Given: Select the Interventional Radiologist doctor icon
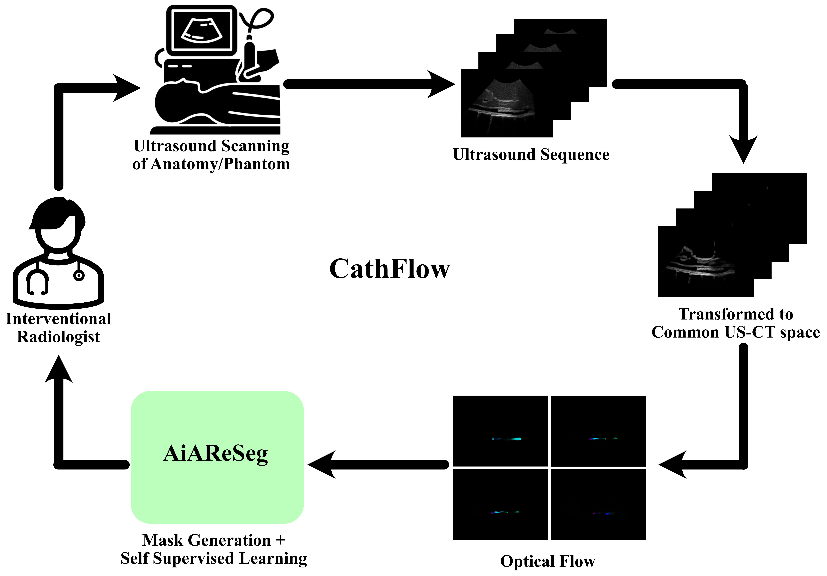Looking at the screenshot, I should pyautogui.click(x=58, y=252).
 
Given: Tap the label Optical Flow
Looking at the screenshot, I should pyautogui.click(x=548, y=561).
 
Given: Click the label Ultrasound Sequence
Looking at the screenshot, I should pyautogui.click(x=531, y=154).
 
